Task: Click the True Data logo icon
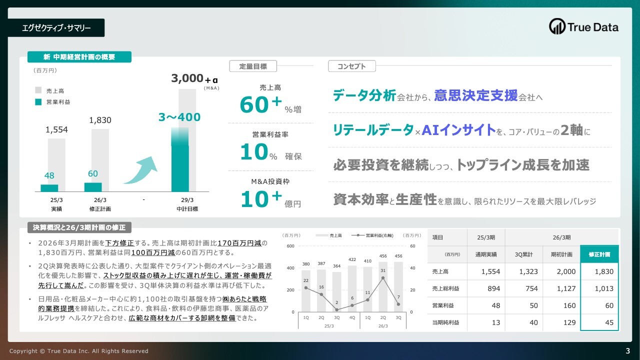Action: coord(557,26)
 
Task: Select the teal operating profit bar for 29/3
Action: coord(180,159)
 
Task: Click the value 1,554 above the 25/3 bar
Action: coord(56,129)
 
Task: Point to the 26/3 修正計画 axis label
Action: coord(100,204)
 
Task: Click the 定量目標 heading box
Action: coord(253,66)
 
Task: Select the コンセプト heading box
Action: coord(351,66)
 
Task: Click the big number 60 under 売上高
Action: coord(254,105)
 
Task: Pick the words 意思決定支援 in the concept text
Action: coord(475,95)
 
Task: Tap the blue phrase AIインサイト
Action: coord(458,129)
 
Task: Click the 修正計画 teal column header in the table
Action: coord(599,254)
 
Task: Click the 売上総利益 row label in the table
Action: coord(445,288)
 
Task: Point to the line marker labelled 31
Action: coord(383,277)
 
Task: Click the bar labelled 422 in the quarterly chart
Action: coord(352,289)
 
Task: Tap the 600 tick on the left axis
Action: coord(290,246)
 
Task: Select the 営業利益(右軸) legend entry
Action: coord(372,235)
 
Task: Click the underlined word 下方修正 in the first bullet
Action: coord(119,243)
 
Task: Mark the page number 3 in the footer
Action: coord(627,351)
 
